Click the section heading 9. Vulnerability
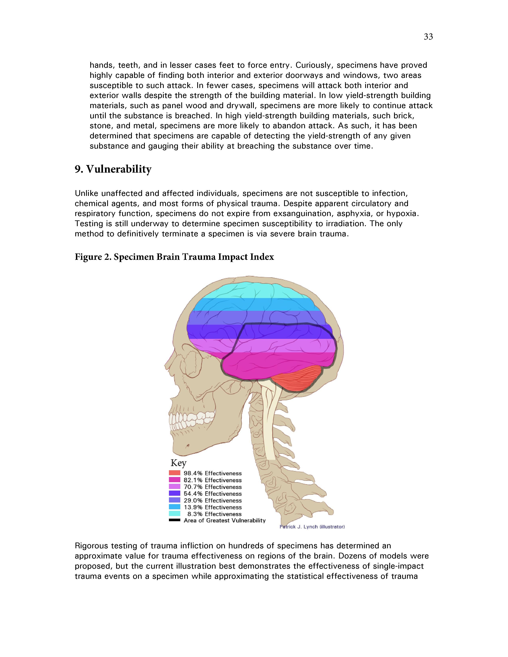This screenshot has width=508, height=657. click(113, 169)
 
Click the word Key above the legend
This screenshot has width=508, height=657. click(178, 463)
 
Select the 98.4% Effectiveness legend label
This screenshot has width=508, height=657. click(213, 473)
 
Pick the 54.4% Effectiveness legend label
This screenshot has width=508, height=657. click(213, 494)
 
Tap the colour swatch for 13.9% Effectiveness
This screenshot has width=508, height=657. click(175, 507)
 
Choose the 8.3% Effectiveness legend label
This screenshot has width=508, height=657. click(214, 514)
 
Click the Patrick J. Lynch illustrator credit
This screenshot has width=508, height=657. click(312, 527)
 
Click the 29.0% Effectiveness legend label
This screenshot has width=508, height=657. click(213, 501)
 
